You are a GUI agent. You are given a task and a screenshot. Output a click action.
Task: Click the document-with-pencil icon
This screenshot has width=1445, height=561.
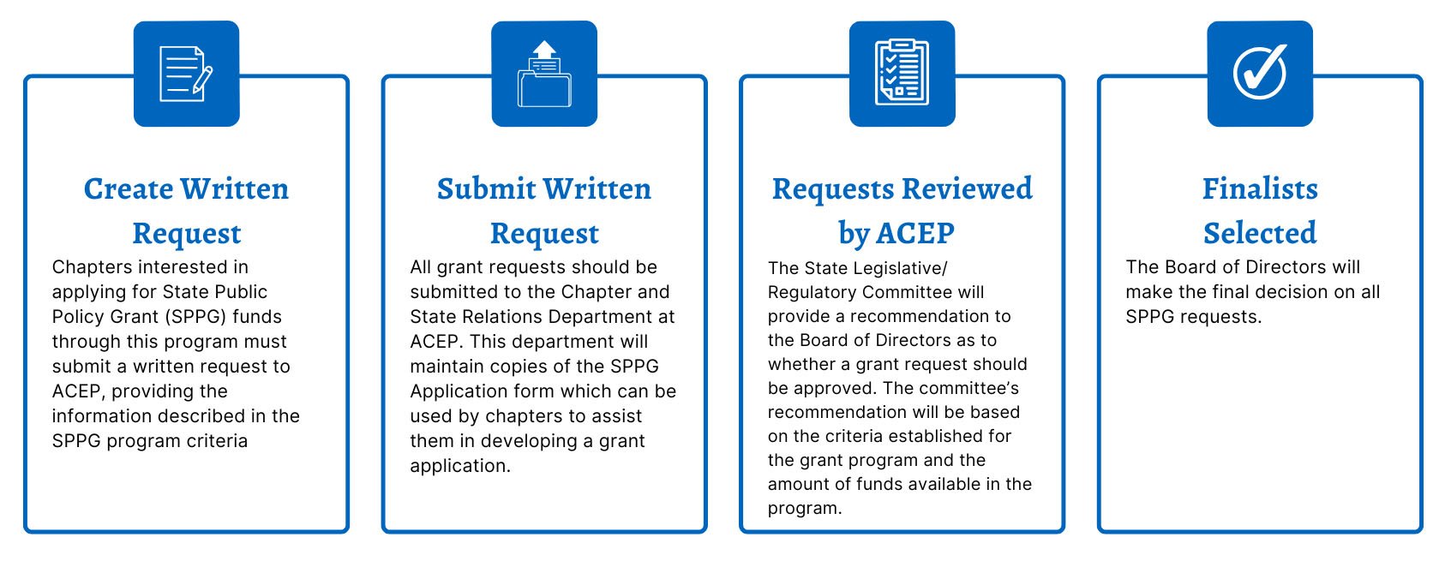pyautogui.click(x=186, y=74)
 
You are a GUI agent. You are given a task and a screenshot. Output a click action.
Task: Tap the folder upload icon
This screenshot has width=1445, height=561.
pyautogui.click(x=544, y=74)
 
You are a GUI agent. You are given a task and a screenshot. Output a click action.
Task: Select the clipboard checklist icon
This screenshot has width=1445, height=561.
pyautogui.click(x=902, y=74)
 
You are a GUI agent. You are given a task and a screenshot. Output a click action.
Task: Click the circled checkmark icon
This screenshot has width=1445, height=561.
pyautogui.click(x=1259, y=73)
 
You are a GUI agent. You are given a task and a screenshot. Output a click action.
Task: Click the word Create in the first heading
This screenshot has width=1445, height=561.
pyautogui.click(x=128, y=188)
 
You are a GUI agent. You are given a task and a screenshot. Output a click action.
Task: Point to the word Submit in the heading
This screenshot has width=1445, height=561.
pyautogui.click(x=486, y=188)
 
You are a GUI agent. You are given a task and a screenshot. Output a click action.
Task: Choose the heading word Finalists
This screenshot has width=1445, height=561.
pyautogui.click(x=1260, y=188)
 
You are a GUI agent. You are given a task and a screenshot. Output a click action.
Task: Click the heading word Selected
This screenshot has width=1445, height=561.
pyautogui.click(x=1260, y=233)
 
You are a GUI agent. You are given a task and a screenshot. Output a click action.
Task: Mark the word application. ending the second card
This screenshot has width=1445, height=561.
pyautogui.click(x=460, y=466)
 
